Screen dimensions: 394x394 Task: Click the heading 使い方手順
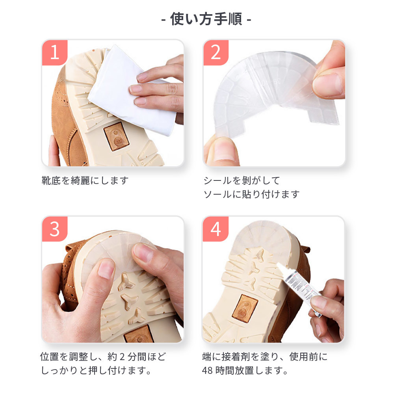206,19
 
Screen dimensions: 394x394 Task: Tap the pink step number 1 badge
55,52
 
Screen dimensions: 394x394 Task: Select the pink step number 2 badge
216,52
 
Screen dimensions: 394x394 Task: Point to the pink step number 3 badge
55,229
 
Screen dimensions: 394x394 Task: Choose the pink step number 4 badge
216,229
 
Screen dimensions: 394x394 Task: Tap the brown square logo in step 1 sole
116,137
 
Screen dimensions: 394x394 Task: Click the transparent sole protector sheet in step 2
274,93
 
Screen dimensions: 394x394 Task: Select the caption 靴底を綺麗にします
85,180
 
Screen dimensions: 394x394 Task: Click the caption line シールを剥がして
242,180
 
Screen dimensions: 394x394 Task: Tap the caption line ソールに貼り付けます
251,194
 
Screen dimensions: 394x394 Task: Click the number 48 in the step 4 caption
208,370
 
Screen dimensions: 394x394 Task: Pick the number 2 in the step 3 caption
123,357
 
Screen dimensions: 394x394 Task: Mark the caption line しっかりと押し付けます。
96,370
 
